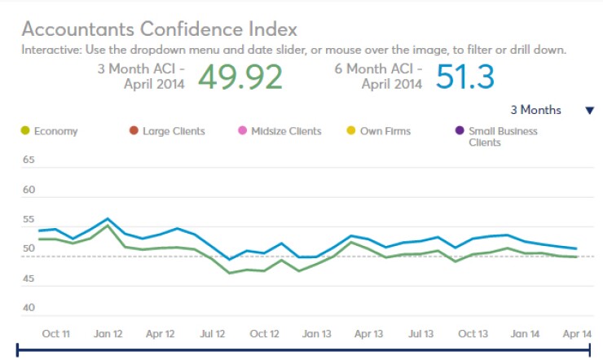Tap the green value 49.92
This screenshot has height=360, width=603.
click(x=240, y=77)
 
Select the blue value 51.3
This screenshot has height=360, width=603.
click(x=465, y=77)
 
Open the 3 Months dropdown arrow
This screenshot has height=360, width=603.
click(x=590, y=111)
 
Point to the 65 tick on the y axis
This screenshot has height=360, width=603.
click(x=29, y=160)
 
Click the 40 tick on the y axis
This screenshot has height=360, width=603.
click(x=29, y=308)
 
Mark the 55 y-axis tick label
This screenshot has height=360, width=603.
click(x=29, y=220)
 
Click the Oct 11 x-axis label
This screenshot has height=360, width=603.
click(x=56, y=334)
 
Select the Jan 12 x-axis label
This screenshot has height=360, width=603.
click(x=108, y=334)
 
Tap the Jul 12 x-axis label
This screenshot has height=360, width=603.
click(x=213, y=334)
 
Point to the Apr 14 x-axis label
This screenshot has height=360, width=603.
click(x=576, y=334)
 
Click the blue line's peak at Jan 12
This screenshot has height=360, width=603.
click(x=108, y=218)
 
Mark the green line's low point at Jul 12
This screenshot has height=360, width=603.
click(x=230, y=273)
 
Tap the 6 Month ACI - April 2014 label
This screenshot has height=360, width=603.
click(x=378, y=76)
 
